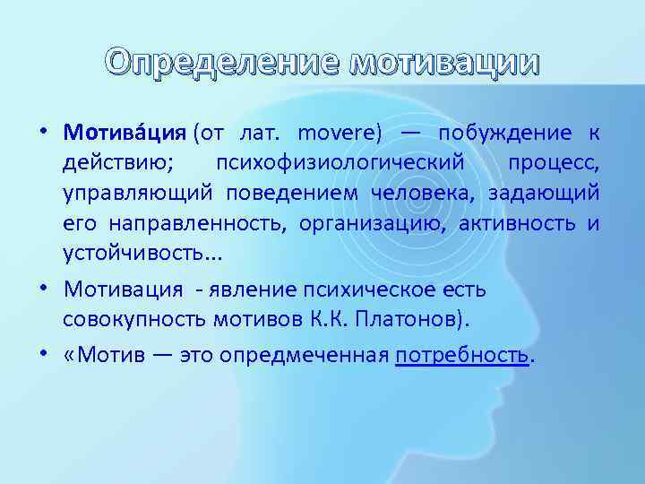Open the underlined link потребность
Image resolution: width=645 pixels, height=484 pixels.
[462, 355]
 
